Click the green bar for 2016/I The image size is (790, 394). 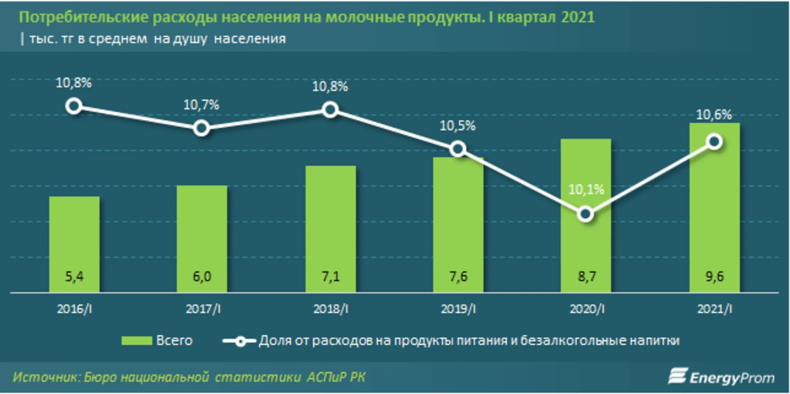coord(74,244)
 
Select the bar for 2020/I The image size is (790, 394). coord(586,215)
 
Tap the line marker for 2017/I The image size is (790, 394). coord(202,128)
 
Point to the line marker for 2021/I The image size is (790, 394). coord(715,142)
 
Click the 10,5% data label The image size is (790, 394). coord(458,126)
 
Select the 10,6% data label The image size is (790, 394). coord(714,115)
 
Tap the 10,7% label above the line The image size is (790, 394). coord(201,105)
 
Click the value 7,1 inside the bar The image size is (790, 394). coord(331,276)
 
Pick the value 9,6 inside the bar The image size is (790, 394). coord(715,276)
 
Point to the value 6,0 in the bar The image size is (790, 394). coord(202,276)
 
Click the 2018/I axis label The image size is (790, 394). coord(331,309)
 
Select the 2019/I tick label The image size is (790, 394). coord(458,309)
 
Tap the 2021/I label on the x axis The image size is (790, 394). coord(715,309)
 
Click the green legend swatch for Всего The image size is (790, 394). coord(137,341)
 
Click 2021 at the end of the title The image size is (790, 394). coord(578,17)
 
